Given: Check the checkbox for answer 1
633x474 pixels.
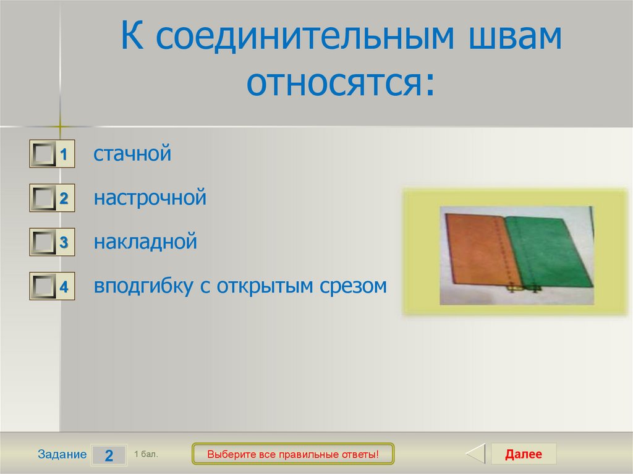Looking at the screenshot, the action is (44, 154).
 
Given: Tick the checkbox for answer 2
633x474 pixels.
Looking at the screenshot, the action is (44, 198).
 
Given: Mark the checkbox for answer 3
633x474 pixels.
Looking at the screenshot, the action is (44, 242).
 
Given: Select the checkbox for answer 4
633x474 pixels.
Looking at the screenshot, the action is (44, 286).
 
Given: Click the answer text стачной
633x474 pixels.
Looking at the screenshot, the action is (132, 154).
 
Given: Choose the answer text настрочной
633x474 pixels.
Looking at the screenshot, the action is (150, 198).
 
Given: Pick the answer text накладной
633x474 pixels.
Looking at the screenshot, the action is (145, 242).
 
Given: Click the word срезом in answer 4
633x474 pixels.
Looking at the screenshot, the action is (353, 286).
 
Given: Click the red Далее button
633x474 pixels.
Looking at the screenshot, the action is (523, 454).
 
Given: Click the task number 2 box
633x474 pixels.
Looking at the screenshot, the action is (109, 455).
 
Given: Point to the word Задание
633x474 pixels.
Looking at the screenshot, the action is (62, 454).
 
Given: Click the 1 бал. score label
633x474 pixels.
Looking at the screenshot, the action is (146, 454).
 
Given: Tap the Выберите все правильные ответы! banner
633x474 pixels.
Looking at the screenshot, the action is (292, 454).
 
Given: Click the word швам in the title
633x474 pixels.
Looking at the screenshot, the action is (515, 36).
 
